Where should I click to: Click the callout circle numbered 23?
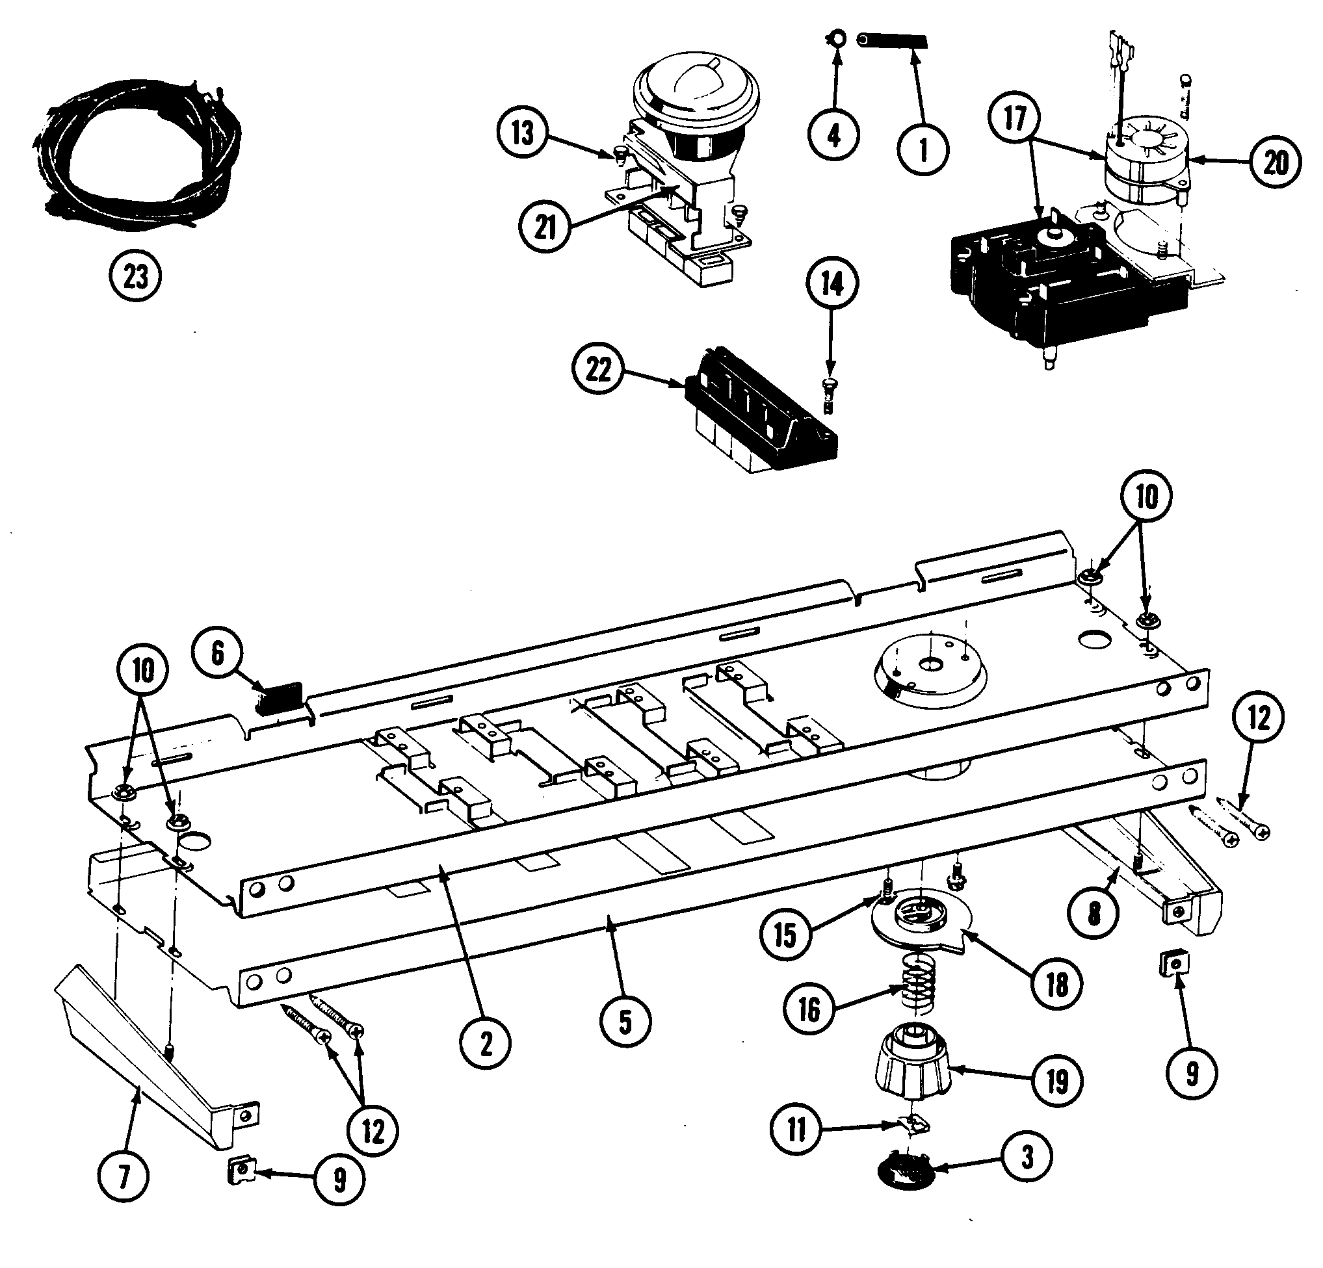[x=136, y=276]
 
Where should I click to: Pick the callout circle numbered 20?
[x=1274, y=162]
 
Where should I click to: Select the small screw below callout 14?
[x=829, y=393]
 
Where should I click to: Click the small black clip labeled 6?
[x=280, y=697]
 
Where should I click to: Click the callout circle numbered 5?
[x=625, y=1022]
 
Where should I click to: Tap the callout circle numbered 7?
[x=124, y=1178]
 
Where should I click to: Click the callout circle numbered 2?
[x=486, y=1044]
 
